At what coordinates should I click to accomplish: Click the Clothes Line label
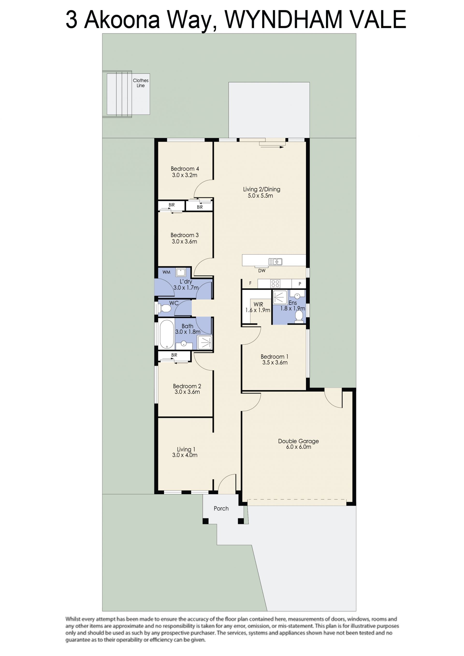coord(141,83)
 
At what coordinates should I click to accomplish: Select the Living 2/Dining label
coord(262,189)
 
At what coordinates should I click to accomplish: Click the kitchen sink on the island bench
coord(275,262)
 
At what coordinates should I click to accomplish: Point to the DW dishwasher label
coord(262,270)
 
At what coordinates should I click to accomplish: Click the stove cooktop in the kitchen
coord(275,284)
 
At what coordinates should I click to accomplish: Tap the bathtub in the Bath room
coord(167,334)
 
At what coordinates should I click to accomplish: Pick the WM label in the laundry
coord(166,272)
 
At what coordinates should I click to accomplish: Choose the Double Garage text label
coord(298,441)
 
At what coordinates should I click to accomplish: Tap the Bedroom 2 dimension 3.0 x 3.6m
coord(187,392)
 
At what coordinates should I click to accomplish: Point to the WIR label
coord(258,304)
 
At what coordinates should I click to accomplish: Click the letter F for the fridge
coord(250,283)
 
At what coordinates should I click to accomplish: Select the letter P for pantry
coord(300,284)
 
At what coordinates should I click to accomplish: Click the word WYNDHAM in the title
coord(283,19)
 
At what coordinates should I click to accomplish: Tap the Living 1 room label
coord(186,449)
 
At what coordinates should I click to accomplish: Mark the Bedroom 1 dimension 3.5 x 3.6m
coord(275,362)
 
